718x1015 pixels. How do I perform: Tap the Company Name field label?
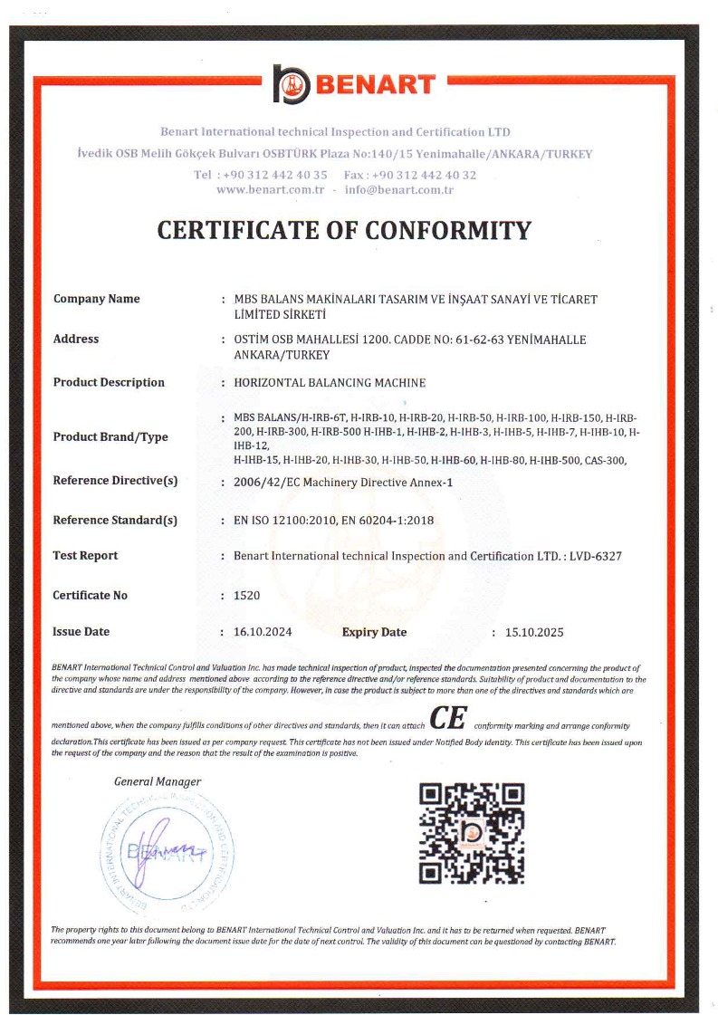pos(96,299)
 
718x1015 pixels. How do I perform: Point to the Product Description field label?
pos(109,382)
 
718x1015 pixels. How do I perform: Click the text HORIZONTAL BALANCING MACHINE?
pos(330,383)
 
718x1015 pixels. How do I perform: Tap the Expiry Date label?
pos(374,632)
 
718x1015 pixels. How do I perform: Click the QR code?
pos(472,832)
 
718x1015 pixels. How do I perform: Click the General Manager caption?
pos(158,781)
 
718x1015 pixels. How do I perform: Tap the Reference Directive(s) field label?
pos(115,481)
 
